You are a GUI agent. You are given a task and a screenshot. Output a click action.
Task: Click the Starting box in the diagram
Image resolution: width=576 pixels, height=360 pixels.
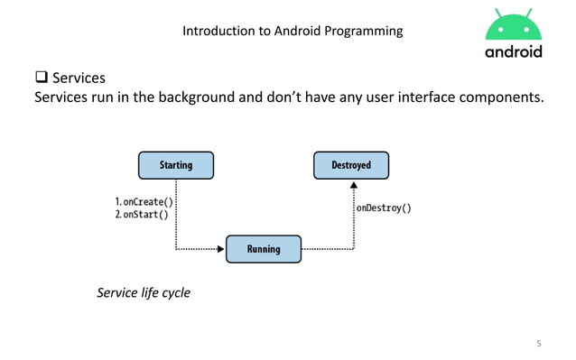coord(175,165)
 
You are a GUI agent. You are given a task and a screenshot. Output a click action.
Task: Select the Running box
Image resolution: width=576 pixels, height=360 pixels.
coord(264,248)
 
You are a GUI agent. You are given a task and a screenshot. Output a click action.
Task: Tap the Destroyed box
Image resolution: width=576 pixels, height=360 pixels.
coord(353,165)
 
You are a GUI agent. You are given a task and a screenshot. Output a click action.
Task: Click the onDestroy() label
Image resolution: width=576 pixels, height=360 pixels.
coord(384,208)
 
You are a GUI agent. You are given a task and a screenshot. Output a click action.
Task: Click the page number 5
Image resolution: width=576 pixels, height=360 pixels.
coord(539,344)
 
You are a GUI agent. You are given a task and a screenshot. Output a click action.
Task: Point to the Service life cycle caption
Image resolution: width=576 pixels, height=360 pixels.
coord(144,292)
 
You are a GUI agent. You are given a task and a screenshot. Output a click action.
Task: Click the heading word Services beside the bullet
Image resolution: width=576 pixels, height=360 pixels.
coord(79,78)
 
